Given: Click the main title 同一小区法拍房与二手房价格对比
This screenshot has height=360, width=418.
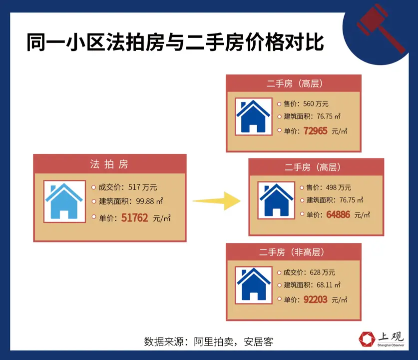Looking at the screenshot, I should [175, 43].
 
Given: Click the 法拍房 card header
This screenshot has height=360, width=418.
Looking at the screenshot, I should [109, 164].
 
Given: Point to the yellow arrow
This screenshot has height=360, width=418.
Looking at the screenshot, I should [216, 201].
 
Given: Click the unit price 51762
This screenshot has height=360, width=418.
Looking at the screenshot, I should [134, 218].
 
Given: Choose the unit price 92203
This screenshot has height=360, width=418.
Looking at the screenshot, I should [316, 299].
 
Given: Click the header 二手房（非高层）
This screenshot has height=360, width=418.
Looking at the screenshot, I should [294, 251].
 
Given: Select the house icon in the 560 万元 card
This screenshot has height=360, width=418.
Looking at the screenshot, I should [253, 116].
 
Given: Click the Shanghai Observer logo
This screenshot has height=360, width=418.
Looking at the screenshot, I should [382, 338].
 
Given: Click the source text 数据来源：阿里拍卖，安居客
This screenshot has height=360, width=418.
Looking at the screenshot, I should [209, 342].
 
